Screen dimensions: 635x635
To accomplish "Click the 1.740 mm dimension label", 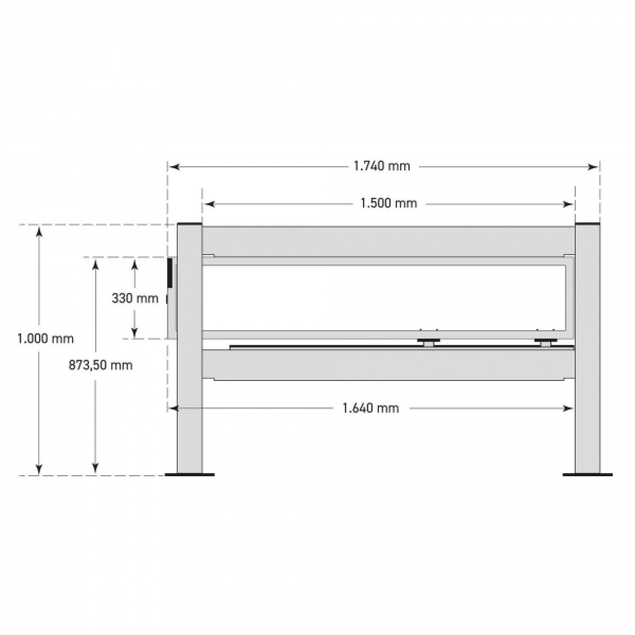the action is coord(382,166).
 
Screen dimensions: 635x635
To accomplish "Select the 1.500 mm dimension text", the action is coord(389,203).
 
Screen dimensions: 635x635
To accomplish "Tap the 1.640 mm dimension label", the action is coord(371,409).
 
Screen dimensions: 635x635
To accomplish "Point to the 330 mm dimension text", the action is coord(135,298).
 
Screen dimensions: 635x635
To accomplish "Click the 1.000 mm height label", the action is coord(46,339).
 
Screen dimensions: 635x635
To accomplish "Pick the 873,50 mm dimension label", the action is coord(101,365).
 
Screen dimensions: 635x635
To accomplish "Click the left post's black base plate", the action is coord(189,475).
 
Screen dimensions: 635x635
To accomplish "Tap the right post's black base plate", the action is coord(587,475).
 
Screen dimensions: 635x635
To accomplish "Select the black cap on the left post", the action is coord(189,224).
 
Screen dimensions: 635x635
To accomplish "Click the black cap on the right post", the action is coord(587,224).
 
